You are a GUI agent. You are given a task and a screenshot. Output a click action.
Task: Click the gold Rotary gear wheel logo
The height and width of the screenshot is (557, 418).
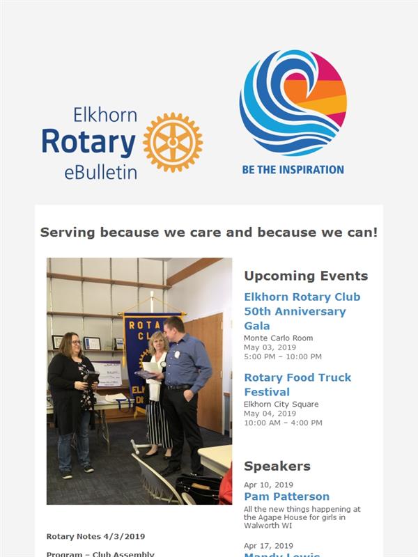173,142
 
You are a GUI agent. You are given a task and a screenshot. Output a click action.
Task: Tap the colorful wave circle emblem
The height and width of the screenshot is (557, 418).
293,102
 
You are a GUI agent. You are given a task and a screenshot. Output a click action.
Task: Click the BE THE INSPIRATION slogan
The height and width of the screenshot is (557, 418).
293,170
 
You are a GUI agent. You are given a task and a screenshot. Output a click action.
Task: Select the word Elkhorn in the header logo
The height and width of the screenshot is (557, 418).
105,115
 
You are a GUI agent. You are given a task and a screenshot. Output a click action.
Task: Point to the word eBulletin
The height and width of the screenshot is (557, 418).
100,173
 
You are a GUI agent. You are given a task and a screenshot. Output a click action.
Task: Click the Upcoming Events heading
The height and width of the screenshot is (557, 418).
306,276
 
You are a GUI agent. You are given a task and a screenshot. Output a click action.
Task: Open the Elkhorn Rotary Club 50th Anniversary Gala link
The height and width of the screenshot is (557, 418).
302,311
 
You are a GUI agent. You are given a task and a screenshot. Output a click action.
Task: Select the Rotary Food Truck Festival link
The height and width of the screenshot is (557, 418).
297,384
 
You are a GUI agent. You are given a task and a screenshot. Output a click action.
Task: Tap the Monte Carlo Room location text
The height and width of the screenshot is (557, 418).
278,338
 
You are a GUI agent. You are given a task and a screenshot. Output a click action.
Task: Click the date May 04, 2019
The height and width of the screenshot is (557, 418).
270,414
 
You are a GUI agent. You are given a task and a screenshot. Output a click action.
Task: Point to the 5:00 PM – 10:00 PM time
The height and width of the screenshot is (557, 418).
283,356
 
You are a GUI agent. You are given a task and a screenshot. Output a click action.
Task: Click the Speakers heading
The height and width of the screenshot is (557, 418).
277,466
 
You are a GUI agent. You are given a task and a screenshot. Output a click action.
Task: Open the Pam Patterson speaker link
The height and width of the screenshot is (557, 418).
287,496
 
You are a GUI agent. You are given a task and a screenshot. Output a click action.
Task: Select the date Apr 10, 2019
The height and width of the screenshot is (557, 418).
268,485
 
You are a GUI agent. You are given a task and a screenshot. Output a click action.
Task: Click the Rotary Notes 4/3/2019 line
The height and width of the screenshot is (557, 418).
95,536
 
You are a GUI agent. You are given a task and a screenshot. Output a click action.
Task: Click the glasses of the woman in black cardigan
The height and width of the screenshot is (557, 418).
76,343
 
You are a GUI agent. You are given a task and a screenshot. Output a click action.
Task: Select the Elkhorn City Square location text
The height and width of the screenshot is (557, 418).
281,405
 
